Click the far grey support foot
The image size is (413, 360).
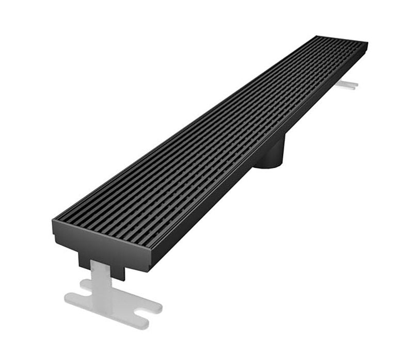347,84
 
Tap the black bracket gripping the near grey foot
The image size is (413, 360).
103,264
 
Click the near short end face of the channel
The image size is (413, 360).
103,242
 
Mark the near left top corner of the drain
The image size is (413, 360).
53,220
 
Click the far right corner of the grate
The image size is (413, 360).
367,43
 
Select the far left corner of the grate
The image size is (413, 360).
316,36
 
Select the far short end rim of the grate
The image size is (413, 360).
342,39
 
